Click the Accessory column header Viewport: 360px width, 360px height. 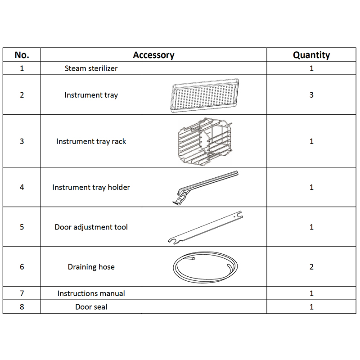point(153,55)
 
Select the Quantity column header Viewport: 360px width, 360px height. point(311,55)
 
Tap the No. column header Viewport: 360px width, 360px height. point(22,55)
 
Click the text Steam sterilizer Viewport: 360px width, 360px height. point(91,68)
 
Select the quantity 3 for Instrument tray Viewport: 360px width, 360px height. point(311,95)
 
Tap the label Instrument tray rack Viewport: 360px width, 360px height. point(91,141)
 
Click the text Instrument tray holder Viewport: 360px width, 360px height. point(91,187)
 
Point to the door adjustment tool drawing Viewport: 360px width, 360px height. point(205,227)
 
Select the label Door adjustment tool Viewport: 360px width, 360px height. point(91,227)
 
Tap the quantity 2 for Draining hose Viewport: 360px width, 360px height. point(311,267)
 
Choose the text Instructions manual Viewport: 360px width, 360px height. point(91,293)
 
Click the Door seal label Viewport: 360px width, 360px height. point(91,307)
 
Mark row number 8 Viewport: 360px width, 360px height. point(22,307)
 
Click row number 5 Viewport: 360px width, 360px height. point(22,227)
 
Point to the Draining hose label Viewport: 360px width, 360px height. point(91,267)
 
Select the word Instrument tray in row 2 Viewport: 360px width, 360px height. point(91,95)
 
